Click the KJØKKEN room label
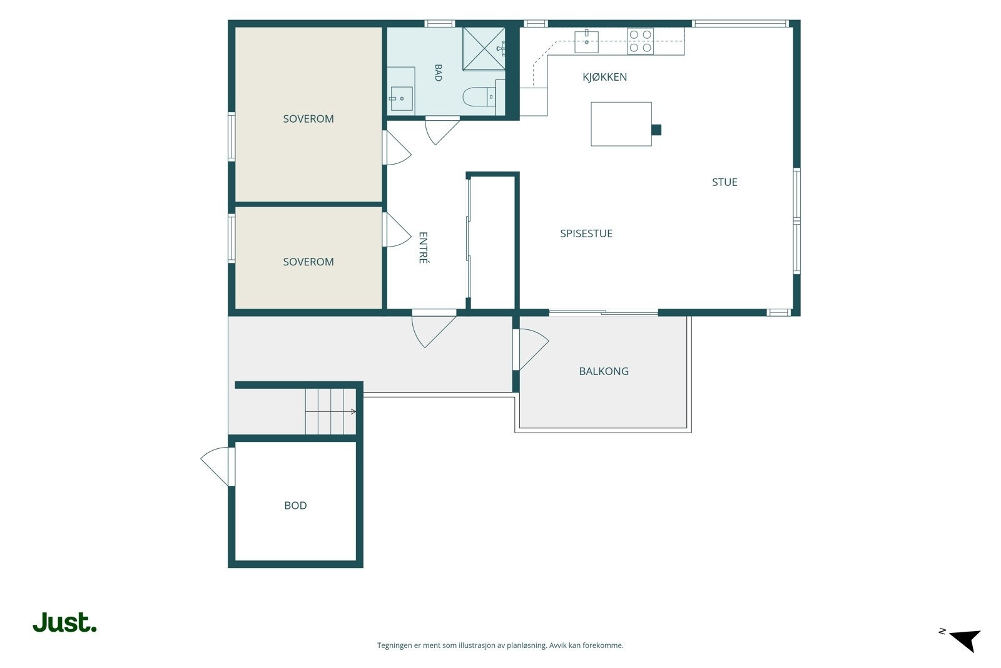(604, 77)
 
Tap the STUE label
(724, 182)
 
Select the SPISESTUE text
(586, 234)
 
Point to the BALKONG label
(603, 371)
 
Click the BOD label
(295, 505)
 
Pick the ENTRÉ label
(423, 248)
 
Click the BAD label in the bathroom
(438, 73)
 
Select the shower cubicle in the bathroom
(484, 49)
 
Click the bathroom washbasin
(401, 98)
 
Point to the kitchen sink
(586, 41)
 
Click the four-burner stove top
(640, 41)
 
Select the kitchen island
(621, 124)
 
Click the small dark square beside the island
(656, 130)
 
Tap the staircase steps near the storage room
(331, 411)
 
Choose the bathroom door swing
(442, 131)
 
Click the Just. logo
(65, 622)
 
